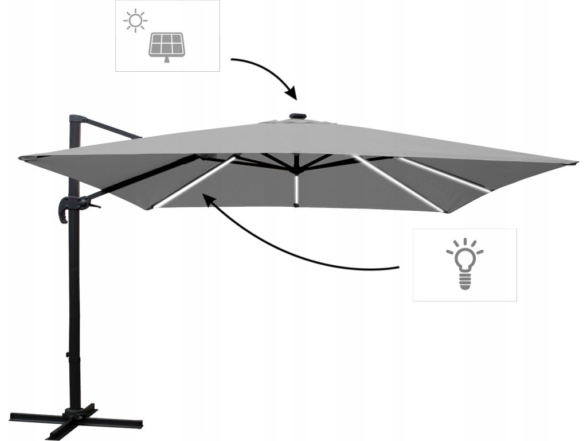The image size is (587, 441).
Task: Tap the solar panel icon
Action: click(167, 47)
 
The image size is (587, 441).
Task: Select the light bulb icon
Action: click(464, 264)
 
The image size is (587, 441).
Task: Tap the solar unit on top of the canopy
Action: click(297, 117)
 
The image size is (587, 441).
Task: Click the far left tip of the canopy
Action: click(21, 158)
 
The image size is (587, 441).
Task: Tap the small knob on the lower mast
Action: click(68, 356)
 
